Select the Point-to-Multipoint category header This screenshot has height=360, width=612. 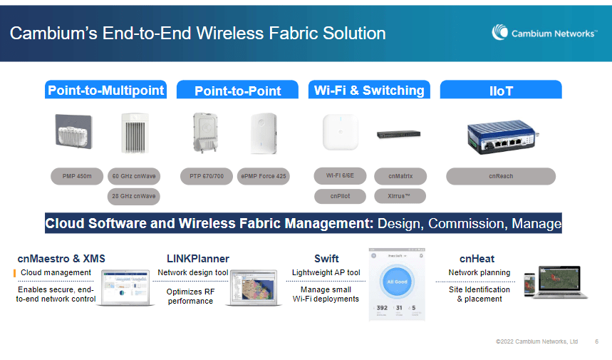[x=105, y=90]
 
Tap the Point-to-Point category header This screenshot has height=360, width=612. [x=237, y=91]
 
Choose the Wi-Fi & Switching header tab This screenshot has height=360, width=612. [x=368, y=90]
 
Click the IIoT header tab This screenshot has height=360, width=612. [x=501, y=91]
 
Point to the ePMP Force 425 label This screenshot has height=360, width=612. [x=263, y=176]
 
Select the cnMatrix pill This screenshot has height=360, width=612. [x=400, y=175]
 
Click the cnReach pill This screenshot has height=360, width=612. [x=500, y=176]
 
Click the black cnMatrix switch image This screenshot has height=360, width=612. [x=399, y=133]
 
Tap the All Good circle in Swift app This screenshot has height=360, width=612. [x=397, y=281]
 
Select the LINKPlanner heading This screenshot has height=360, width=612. [x=198, y=258]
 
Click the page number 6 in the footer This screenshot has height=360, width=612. [x=596, y=342]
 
